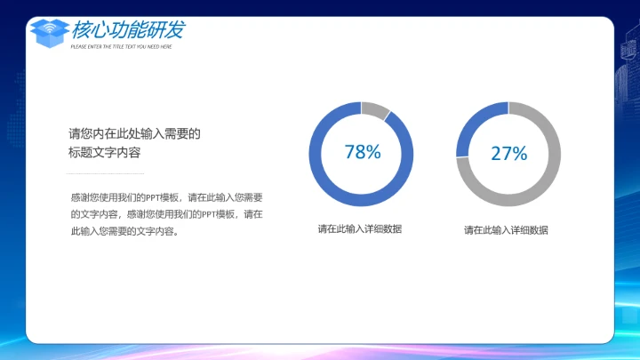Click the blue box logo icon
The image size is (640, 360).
[x=50, y=32]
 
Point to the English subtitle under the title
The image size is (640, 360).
[x=121, y=46]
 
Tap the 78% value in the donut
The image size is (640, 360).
[x=362, y=152]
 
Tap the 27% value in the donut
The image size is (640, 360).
[x=508, y=154]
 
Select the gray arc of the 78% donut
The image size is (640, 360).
[x=375, y=109]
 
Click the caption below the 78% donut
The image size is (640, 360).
[x=360, y=229]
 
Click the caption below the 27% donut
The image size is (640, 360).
[x=506, y=230]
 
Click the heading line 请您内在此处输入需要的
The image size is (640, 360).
[x=135, y=135]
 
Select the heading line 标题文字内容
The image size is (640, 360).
[x=105, y=153]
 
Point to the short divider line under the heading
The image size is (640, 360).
[x=107, y=173]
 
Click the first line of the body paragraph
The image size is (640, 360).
[x=166, y=197]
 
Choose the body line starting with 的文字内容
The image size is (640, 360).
[x=166, y=214]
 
